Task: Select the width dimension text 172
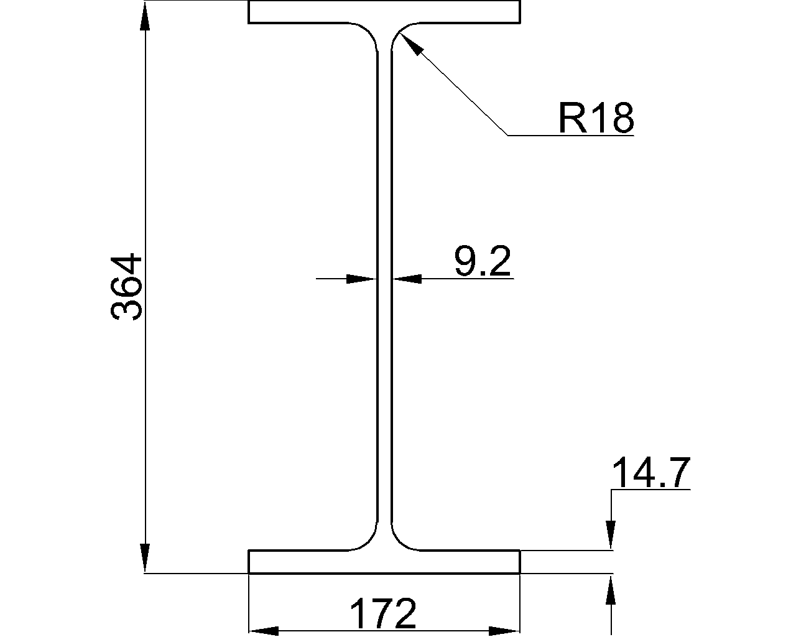(383, 614)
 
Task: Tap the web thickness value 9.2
(482, 261)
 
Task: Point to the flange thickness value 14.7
(650, 473)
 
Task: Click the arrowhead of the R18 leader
(411, 44)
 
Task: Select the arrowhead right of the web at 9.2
(407, 279)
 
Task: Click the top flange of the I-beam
(384, 12)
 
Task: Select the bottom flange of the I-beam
(384, 562)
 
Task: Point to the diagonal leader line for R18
(460, 90)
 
